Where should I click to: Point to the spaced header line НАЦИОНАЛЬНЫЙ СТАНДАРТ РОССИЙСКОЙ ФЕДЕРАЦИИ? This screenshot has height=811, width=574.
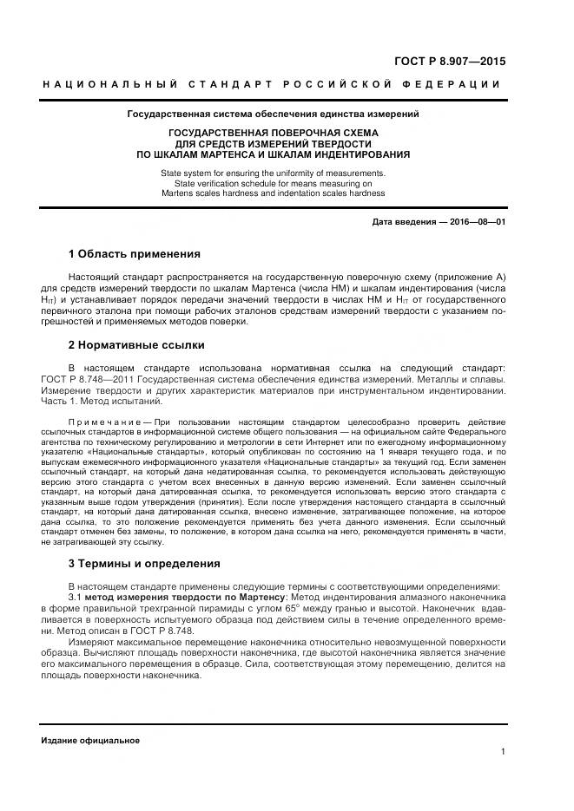tap(271, 84)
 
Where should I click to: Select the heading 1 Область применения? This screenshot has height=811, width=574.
tap(134, 254)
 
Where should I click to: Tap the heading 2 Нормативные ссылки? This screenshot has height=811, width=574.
tap(136, 344)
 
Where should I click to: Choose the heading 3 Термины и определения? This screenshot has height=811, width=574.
tap(143, 563)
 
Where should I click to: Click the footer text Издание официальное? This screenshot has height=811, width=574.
tap(90, 740)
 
